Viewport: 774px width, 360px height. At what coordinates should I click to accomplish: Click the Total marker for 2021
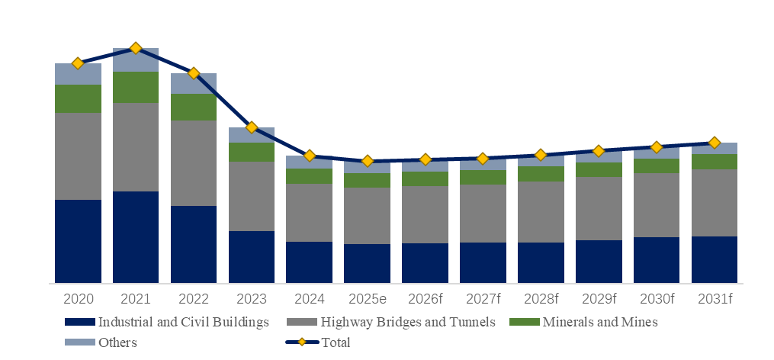(x=136, y=48)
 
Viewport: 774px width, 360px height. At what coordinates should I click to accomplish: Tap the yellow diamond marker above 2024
(x=310, y=156)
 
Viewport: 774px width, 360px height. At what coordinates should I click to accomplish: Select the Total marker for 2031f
(x=715, y=143)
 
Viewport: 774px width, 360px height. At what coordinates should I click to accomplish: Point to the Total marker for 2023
(x=252, y=127)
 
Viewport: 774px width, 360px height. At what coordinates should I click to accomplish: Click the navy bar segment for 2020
(x=78, y=241)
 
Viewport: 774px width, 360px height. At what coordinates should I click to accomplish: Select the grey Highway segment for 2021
(x=136, y=147)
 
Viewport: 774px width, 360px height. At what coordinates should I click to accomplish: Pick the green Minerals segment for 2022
(x=194, y=107)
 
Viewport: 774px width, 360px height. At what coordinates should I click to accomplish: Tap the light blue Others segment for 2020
(x=78, y=74)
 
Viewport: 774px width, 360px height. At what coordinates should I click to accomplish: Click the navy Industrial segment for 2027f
(x=483, y=262)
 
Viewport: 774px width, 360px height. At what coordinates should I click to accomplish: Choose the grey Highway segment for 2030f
(x=657, y=204)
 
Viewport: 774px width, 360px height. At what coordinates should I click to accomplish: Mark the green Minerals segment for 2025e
(x=367, y=180)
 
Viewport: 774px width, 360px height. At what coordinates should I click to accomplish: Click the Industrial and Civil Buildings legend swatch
(x=80, y=323)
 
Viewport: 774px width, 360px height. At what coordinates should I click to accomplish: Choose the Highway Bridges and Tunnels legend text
(x=409, y=323)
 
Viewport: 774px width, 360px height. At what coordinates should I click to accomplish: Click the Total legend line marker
(x=302, y=342)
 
